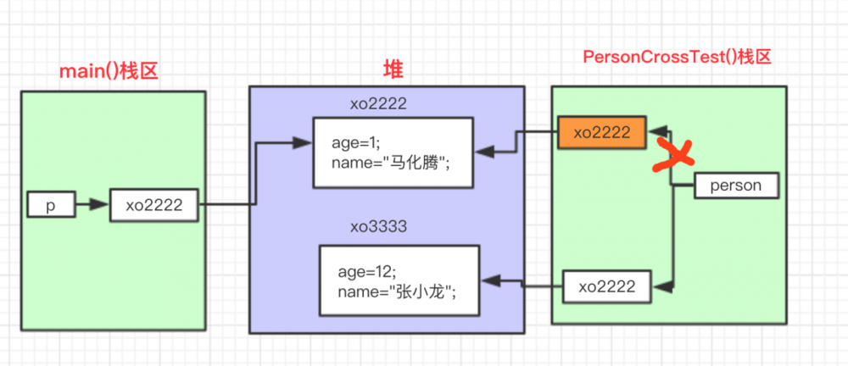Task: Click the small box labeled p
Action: [x=50, y=204]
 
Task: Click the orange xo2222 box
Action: [x=602, y=132]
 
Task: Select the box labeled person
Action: [x=735, y=186]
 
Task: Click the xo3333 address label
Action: [x=379, y=228]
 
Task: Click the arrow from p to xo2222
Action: [x=92, y=204]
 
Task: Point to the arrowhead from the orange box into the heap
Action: [x=483, y=152]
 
